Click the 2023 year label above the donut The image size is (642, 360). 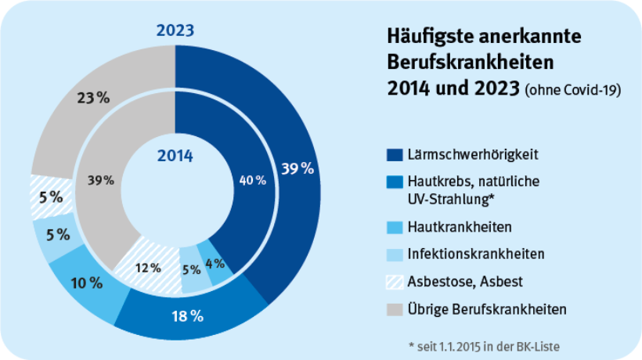[x=175, y=31]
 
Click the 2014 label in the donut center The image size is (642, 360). [x=175, y=155]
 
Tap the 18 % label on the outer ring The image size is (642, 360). [x=187, y=316]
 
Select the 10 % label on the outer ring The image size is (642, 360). [x=86, y=282]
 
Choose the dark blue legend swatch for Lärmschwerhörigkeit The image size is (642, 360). [x=395, y=153]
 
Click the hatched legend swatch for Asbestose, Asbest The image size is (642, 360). [x=395, y=282]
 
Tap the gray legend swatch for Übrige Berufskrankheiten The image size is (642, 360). [x=395, y=309]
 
